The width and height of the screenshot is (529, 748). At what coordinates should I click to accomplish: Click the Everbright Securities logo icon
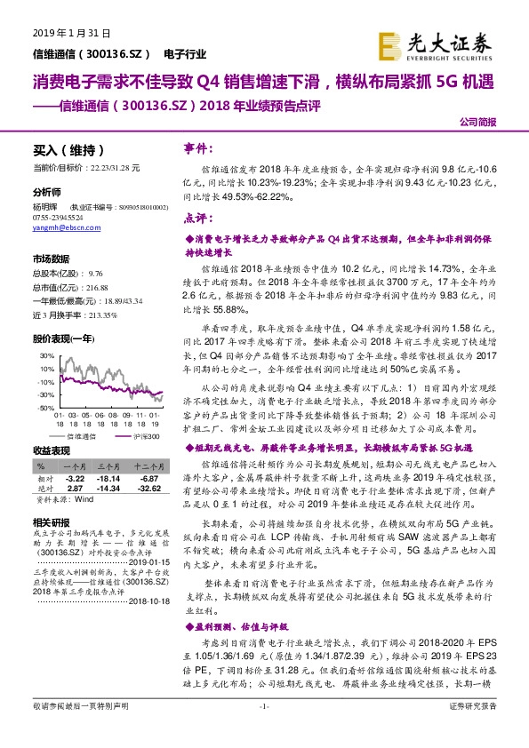(389, 44)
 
